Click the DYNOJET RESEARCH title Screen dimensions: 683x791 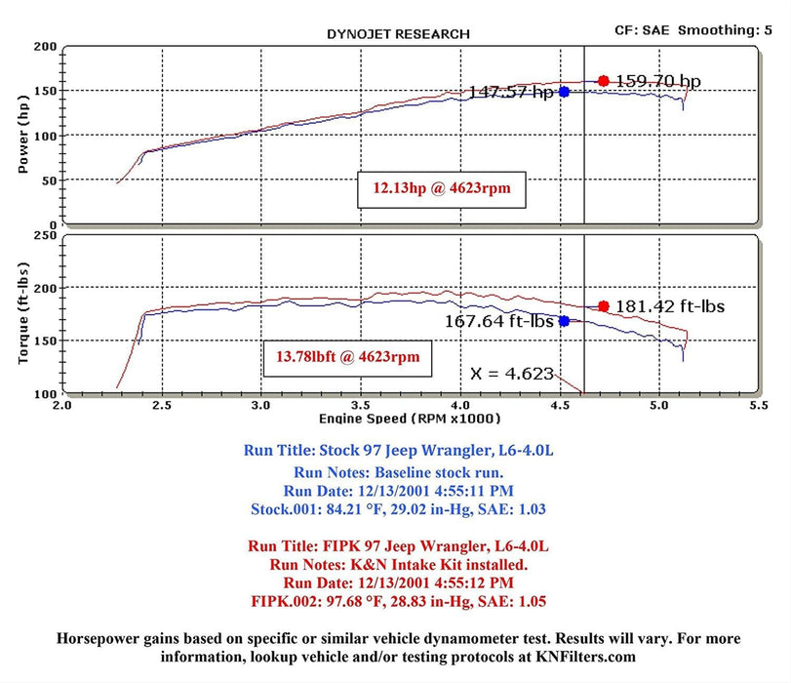397,34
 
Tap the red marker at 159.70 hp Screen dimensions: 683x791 604,81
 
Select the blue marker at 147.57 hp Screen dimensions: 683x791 564,92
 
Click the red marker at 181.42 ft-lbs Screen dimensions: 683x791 604,306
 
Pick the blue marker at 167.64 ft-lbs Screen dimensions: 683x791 564,321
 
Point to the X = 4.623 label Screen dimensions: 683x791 512,373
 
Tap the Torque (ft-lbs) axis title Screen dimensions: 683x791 23,313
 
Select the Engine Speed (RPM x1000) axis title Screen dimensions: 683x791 410,419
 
